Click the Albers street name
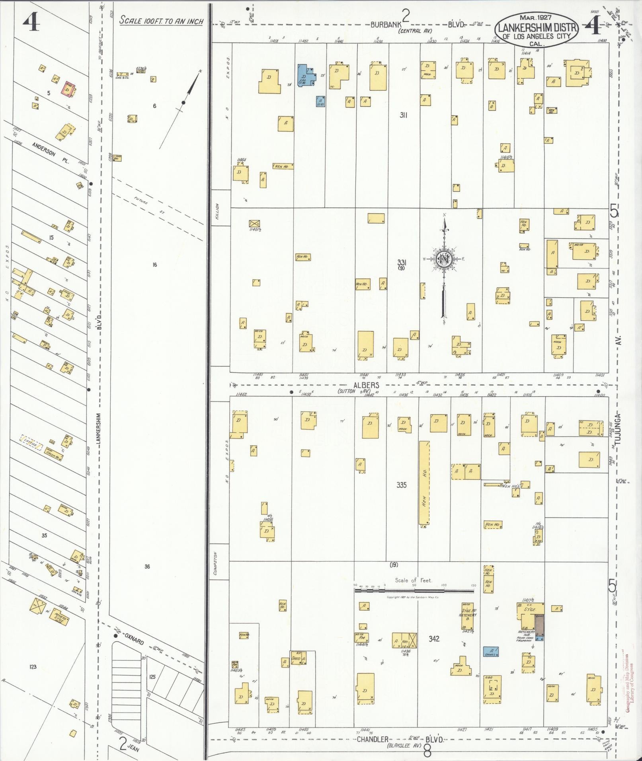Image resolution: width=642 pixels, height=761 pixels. [366, 385]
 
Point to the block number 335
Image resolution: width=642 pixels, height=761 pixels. [401, 485]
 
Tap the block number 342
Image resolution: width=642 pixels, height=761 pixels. [434, 638]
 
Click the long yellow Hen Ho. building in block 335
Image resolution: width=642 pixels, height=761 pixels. [424, 483]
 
